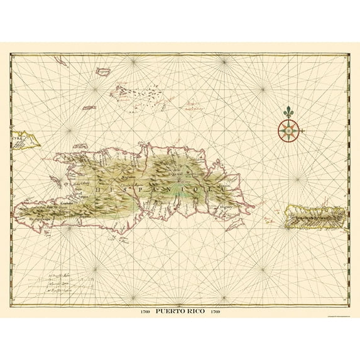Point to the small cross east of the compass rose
[x=302, y=131]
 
